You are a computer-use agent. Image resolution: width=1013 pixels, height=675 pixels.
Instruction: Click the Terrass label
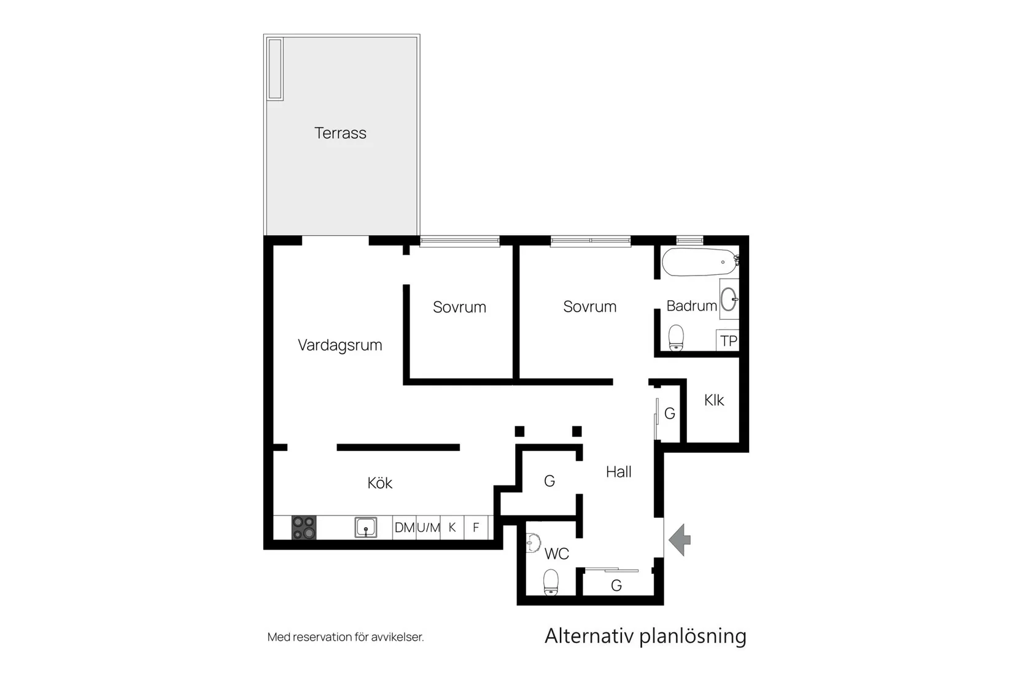340,133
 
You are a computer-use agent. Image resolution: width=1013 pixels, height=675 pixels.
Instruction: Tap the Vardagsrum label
340,345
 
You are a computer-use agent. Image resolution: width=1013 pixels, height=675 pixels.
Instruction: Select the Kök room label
379,483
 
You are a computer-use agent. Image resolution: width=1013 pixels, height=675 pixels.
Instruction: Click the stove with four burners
304,528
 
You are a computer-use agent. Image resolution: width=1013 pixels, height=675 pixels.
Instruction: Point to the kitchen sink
366,528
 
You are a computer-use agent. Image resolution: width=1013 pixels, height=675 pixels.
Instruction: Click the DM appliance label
405,528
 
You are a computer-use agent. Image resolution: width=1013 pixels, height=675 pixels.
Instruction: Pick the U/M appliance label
429,528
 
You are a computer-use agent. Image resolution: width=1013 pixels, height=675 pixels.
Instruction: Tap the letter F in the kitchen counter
476,528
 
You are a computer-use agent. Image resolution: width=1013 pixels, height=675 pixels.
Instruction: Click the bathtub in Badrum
699,262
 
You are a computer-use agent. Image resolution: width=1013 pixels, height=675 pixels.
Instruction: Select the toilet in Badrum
676,337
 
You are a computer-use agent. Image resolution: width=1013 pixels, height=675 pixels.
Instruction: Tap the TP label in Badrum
728,341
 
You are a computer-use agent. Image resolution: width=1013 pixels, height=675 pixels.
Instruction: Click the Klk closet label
714,401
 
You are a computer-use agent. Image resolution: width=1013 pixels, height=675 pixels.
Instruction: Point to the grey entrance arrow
680,540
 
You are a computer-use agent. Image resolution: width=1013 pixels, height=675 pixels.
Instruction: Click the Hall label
618,472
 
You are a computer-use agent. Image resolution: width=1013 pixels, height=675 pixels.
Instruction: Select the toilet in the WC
551,582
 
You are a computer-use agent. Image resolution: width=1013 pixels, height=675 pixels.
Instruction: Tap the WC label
556,554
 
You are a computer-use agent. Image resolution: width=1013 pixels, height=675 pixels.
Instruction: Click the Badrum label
691,306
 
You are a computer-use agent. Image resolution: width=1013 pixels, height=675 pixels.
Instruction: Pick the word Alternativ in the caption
589,636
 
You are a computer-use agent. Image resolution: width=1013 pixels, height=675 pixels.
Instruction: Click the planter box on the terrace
275,69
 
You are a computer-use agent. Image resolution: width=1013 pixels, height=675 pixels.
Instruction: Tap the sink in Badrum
729,299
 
